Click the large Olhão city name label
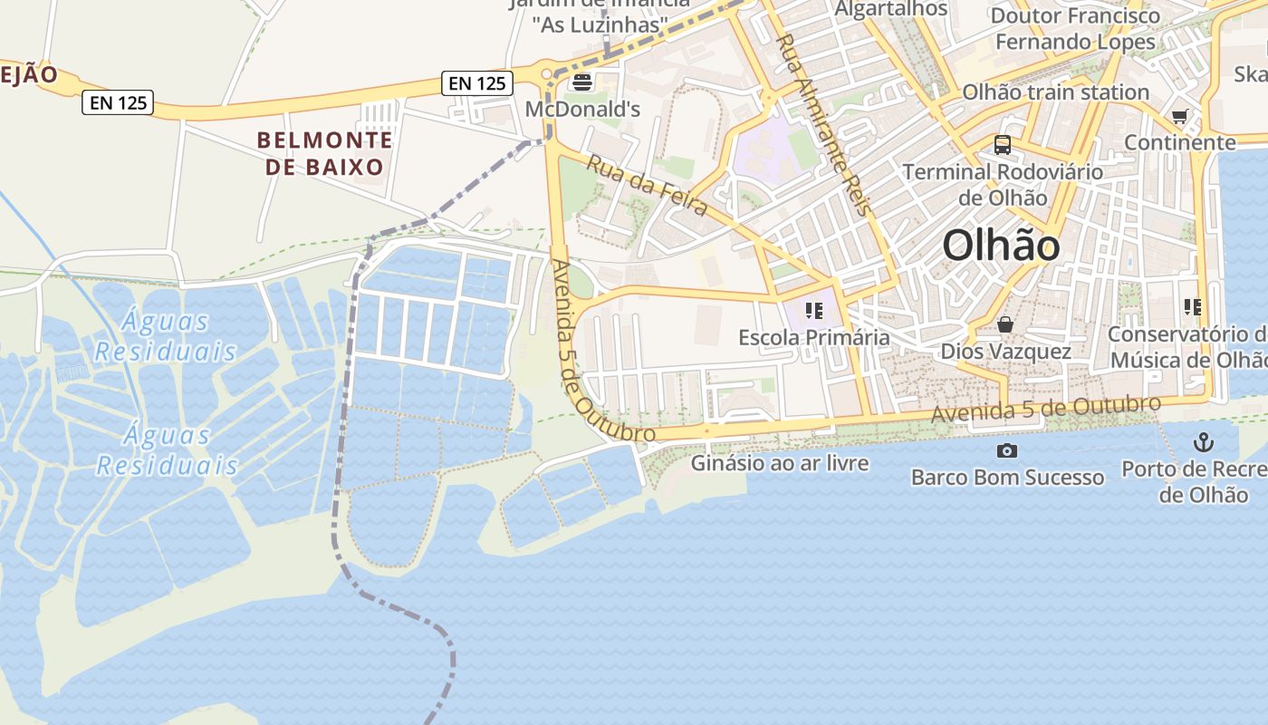point(1001,245)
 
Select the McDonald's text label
point(582,110)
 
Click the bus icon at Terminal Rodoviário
point(1003,144)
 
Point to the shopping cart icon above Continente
point(1179,116)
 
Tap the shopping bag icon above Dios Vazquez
point(1005,324)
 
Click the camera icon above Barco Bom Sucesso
point(1006,450)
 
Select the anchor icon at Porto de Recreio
point(1203,442)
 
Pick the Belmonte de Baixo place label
point(325,153)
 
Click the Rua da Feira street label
point(647,185)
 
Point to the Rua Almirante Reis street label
point(823,124)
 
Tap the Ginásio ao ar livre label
point(780,463)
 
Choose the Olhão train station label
point(1055,92)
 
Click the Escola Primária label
point(813,337)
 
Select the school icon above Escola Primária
point(813,311)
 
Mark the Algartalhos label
point(890,9)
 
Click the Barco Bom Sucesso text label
point(1007,477)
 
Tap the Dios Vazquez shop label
point(1005,351)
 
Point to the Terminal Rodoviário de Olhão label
point(1003,184)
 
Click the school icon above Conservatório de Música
point(1192,307)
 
